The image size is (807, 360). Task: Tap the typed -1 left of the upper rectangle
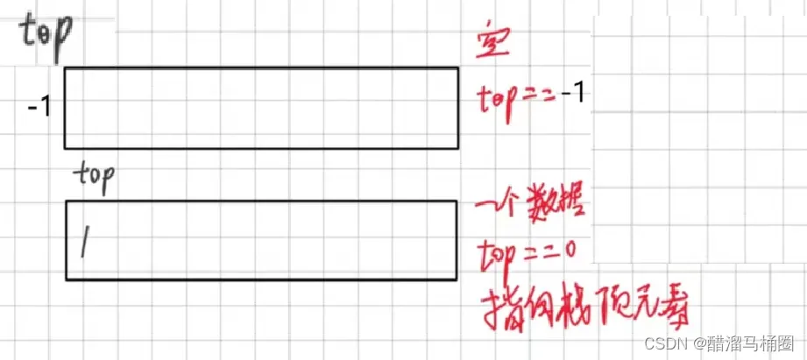pos(39,109)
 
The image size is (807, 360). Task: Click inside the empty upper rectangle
pos(260,109)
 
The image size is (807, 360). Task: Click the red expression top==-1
pos(531,95)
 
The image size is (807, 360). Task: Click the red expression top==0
pos(526,253)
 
